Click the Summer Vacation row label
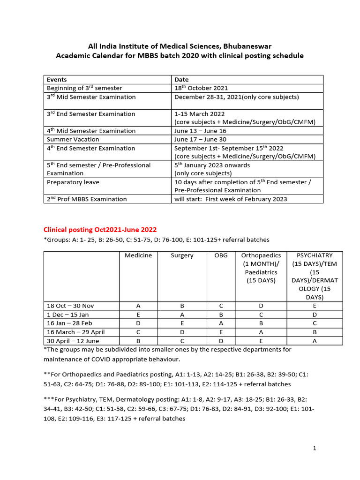pyautogui.click(x=73, y=139)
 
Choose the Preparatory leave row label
pyautogui.click(x=73, y=182)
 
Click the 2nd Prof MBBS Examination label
pyautogui.click(x=87, y=199)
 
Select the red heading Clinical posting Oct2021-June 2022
pyautogui.click(x=100, y=230)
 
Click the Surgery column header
pyautogui.click(x=182, y=255)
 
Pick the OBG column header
pyautogui.click(x=220, y=255)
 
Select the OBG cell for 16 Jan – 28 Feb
pyautogui.click(x=220, y=323)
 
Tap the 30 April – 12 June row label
pyautogui.click(x=73, y=341)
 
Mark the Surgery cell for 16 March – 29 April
pyautogui.click(x=182, y=332)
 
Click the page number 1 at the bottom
pyautogui.click(x=315, y=449)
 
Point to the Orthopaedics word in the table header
pyautogui.click(x=261, y=255)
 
